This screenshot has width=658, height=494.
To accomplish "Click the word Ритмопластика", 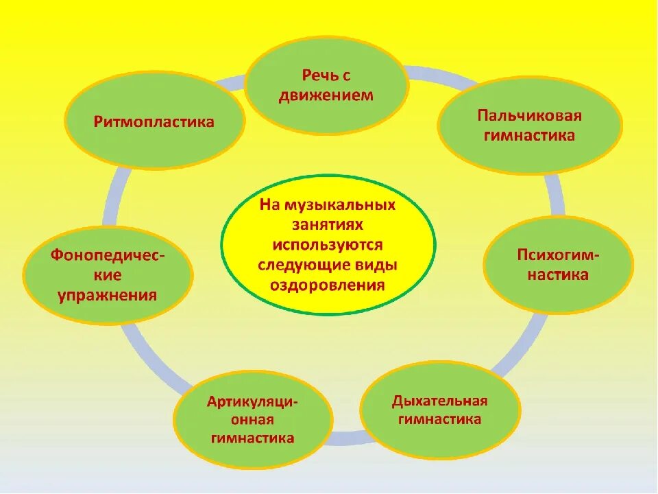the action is (154, 122).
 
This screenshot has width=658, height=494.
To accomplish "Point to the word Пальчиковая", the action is (531, 114).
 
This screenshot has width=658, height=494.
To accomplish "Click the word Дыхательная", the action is (440, 401).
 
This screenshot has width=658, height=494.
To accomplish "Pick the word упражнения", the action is (108, 296).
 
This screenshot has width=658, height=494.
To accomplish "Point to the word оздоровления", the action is (328, 285).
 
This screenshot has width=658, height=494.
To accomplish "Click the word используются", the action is (328, 245).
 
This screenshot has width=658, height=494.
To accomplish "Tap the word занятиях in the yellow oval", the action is (327, 225).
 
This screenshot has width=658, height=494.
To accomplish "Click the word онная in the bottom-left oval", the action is (253, 419).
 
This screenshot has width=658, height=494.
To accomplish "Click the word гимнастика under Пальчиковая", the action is (531, 135).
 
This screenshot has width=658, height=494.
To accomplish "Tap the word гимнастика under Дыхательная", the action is (440, 419).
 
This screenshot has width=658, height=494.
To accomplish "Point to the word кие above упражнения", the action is (108, 275).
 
